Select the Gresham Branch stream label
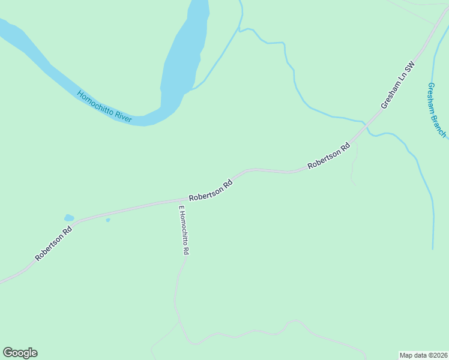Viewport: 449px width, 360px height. [x=436, y=110]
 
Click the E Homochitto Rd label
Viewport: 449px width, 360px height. [x=184, y=231]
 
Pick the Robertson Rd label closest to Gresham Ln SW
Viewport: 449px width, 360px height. [x=329, y=156]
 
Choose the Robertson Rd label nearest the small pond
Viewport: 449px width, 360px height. [x=54, y=242]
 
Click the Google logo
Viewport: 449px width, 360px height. [x=20, y=353]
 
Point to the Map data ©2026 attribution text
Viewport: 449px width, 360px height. [x=423, y=355]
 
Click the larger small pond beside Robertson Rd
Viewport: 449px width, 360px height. [x=69, y=218]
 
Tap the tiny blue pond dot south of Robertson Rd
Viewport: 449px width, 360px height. [x=108, y=220]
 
